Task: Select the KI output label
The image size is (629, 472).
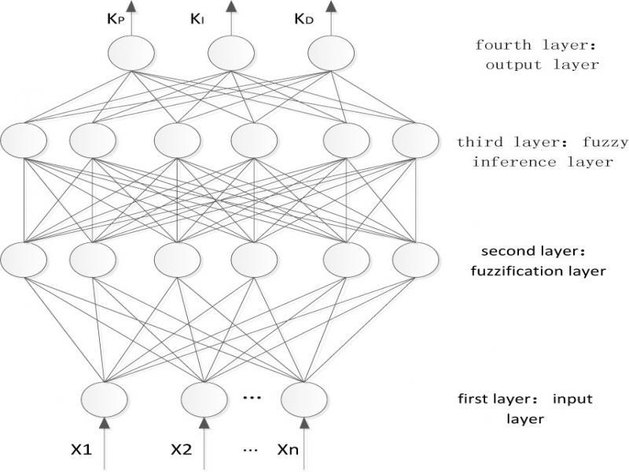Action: [197, 20]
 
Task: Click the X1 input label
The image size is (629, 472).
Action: [81, 452]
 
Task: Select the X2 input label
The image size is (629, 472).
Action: [182, 452]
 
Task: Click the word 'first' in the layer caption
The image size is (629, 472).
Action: [473, 400]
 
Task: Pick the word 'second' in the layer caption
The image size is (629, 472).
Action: [492, 253]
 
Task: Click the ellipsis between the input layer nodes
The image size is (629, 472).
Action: [252, 397]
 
